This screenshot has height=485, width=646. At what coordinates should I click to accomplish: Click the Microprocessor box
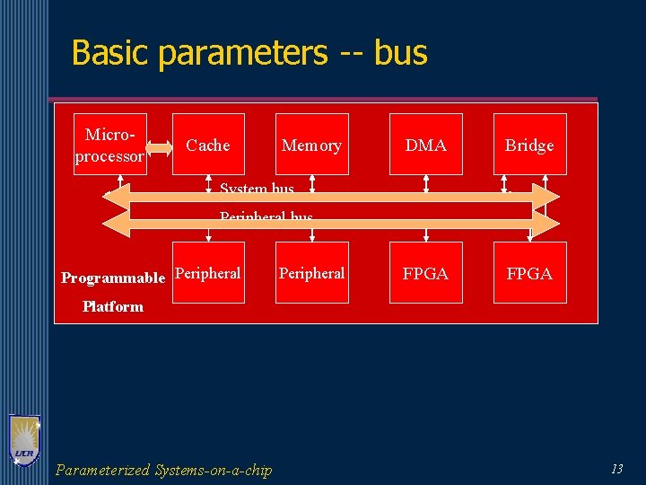click(x=110, y=144)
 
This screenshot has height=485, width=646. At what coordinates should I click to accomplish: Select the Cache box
click(x=208, y=145)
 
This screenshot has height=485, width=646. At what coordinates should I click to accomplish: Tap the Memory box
click(x=311, y=145)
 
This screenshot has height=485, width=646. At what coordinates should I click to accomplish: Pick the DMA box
click(x=426, y=145)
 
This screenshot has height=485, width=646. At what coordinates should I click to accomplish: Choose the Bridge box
click(x=529, y=145)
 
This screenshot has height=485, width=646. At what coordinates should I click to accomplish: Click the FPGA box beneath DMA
click(x=426, y=273)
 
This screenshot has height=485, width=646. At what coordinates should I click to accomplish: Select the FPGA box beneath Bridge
click(x=529, y=273)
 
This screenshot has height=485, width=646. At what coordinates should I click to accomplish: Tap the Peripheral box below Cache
click(x=208, y=273)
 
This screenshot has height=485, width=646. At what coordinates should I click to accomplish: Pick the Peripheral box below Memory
click(x=311, y=273)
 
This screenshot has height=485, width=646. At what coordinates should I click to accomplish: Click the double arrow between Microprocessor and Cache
click(x=159, y=146)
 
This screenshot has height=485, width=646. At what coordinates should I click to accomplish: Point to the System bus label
click(x=257, y=189)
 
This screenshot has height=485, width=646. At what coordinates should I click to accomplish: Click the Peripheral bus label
click(x=266, y=217)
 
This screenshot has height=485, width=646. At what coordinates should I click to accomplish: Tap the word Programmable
click(x=113, y=278)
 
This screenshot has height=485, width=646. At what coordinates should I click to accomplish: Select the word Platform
click(x=113, y=306)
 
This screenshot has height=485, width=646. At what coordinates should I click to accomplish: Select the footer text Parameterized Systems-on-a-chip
click(x=163, y=470)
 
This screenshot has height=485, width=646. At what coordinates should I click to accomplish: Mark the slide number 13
click(x=616, y=468)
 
